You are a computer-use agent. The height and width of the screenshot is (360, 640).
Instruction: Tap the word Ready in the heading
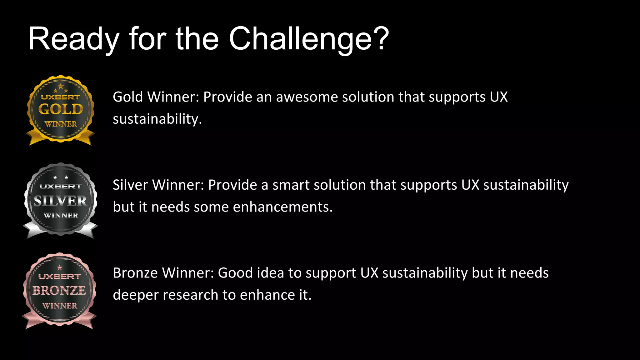(x=74, y=39)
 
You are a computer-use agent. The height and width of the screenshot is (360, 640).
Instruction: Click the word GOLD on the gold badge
(x=61, y=109)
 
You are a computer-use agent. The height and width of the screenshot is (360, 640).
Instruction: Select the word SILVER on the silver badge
(x=60, y=201)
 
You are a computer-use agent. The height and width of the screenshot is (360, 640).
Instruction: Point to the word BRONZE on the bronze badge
(x=59, y=290)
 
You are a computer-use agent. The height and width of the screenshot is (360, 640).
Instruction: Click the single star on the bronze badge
(x=60, y=267)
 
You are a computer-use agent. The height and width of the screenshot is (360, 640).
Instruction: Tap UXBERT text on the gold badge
(x=61, y=97)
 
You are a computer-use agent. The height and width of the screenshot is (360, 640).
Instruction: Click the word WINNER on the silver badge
(x=61, y=215)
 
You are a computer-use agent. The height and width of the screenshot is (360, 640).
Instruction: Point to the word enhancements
(x=282, y=207)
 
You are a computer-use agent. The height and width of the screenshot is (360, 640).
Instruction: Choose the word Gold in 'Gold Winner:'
(x=128, y=97)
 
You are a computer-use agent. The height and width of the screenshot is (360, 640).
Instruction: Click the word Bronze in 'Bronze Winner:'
(x=135, y=273)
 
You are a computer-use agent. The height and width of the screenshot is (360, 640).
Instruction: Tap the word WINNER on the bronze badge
(x=60, y=305)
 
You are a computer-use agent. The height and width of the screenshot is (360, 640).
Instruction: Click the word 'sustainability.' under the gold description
(x=157, y=119)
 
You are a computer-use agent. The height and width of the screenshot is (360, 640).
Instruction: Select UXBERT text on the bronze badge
(x=59, y=277)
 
